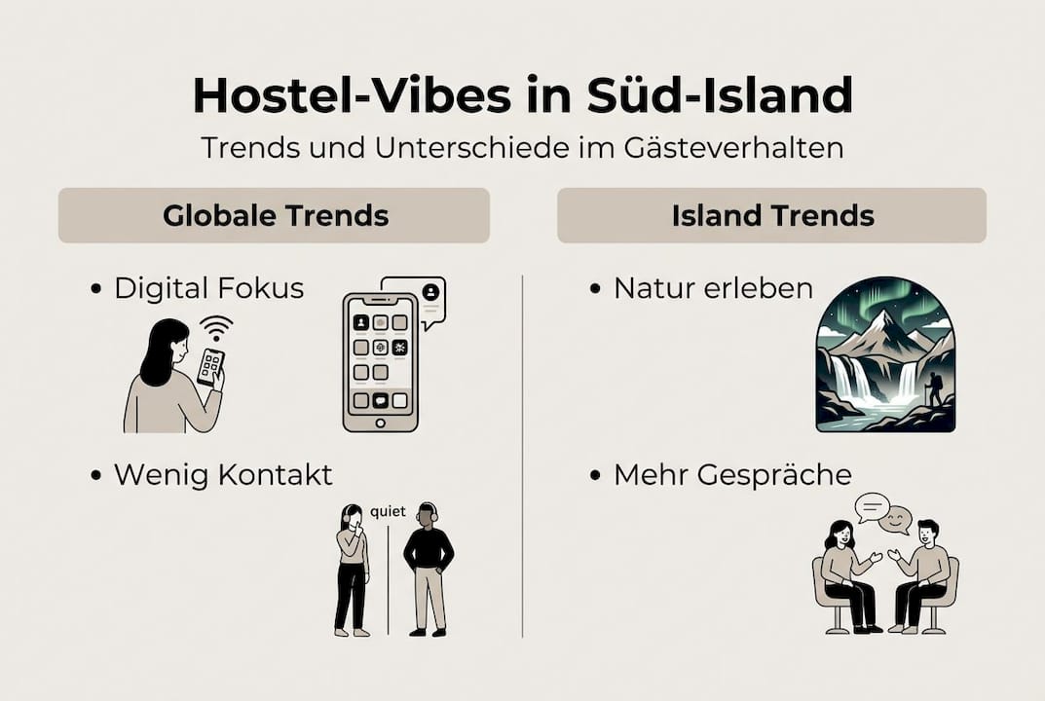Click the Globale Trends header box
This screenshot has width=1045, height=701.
pos(274,215)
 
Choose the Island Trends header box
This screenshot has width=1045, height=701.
pos(771,215)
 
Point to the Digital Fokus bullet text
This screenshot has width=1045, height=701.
pos(208,288)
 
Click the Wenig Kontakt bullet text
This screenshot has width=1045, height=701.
pos(223,474)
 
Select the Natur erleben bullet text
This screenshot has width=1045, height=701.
pos(713,288)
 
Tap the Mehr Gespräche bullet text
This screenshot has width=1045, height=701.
pos(732,474)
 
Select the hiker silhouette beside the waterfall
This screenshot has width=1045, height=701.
pos(935,389)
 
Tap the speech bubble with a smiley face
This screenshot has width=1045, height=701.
pos(895,520)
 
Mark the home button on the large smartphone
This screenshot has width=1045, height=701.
pos(380,423)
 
